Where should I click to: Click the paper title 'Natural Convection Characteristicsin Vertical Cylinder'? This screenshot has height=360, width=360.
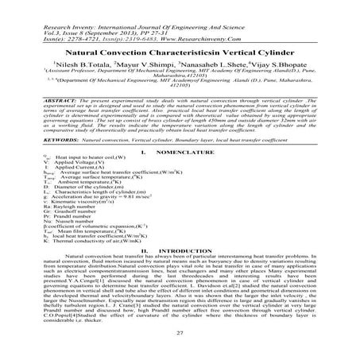[x=180, y=49]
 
